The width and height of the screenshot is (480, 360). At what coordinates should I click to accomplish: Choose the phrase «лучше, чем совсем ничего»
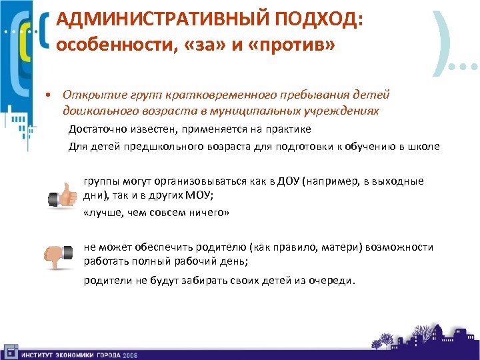pos(156,213)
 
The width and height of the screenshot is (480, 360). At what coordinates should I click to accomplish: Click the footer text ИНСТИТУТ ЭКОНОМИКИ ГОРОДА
pos(69,354)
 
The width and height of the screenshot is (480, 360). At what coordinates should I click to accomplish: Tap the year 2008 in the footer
pos(129,354)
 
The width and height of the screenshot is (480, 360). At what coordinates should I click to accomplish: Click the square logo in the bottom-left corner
pos(9,351)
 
